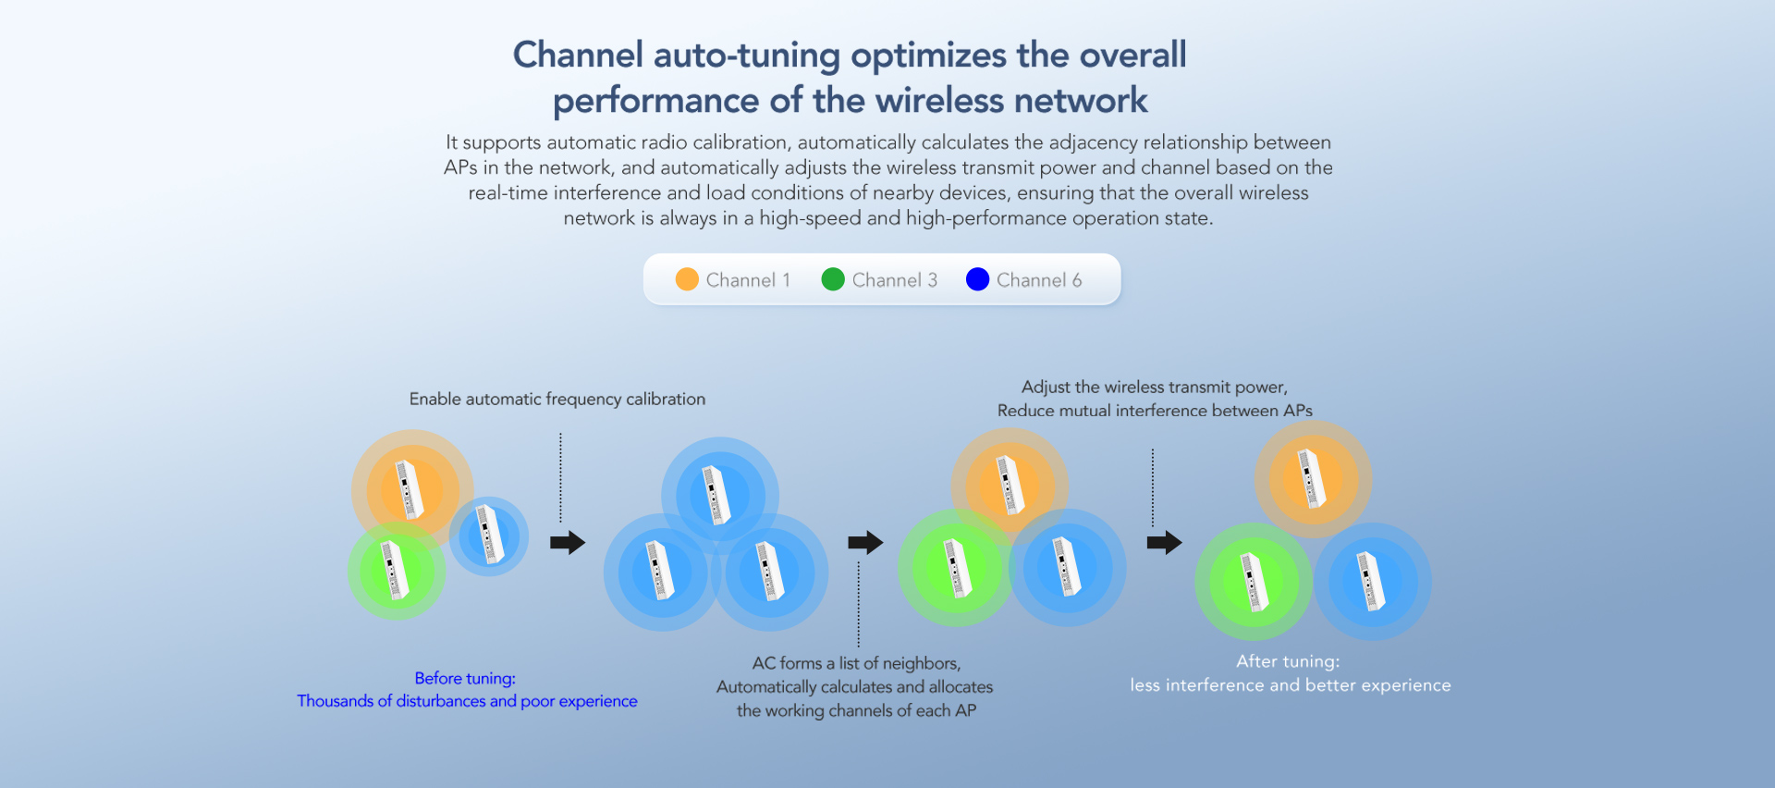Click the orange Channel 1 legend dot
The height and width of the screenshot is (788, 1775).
click(687, 279)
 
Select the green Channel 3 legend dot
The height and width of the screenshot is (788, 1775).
click(833, 279)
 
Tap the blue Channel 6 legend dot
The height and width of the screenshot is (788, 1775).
click(977, 279)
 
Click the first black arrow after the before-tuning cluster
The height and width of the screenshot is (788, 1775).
click(568, 542)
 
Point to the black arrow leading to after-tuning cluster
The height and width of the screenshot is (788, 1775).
click(1164, 542)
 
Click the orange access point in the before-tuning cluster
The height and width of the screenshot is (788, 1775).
click(410, 489)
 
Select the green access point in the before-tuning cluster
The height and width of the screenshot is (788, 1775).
click(396, 571)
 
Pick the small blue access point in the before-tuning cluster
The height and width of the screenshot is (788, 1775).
click(489, 536)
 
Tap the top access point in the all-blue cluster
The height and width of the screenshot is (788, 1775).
click(718, 495)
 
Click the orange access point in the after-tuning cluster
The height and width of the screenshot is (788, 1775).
click(1312, 478)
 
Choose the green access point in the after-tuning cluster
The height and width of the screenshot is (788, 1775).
click(1254, 582)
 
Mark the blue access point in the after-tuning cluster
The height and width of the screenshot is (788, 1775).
click(1372, 582)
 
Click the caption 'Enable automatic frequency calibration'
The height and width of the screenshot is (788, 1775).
click(557, 399)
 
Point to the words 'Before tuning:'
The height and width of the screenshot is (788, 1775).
click(465, 678)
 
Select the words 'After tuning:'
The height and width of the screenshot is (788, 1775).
click(1288, 661)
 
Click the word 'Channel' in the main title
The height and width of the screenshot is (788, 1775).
click(578, 55)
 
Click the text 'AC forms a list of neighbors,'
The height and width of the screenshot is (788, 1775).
click(856, 663)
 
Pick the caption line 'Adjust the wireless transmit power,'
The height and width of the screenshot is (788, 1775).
click(1154, 387)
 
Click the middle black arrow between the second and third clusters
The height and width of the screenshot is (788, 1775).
click(865, 542)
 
